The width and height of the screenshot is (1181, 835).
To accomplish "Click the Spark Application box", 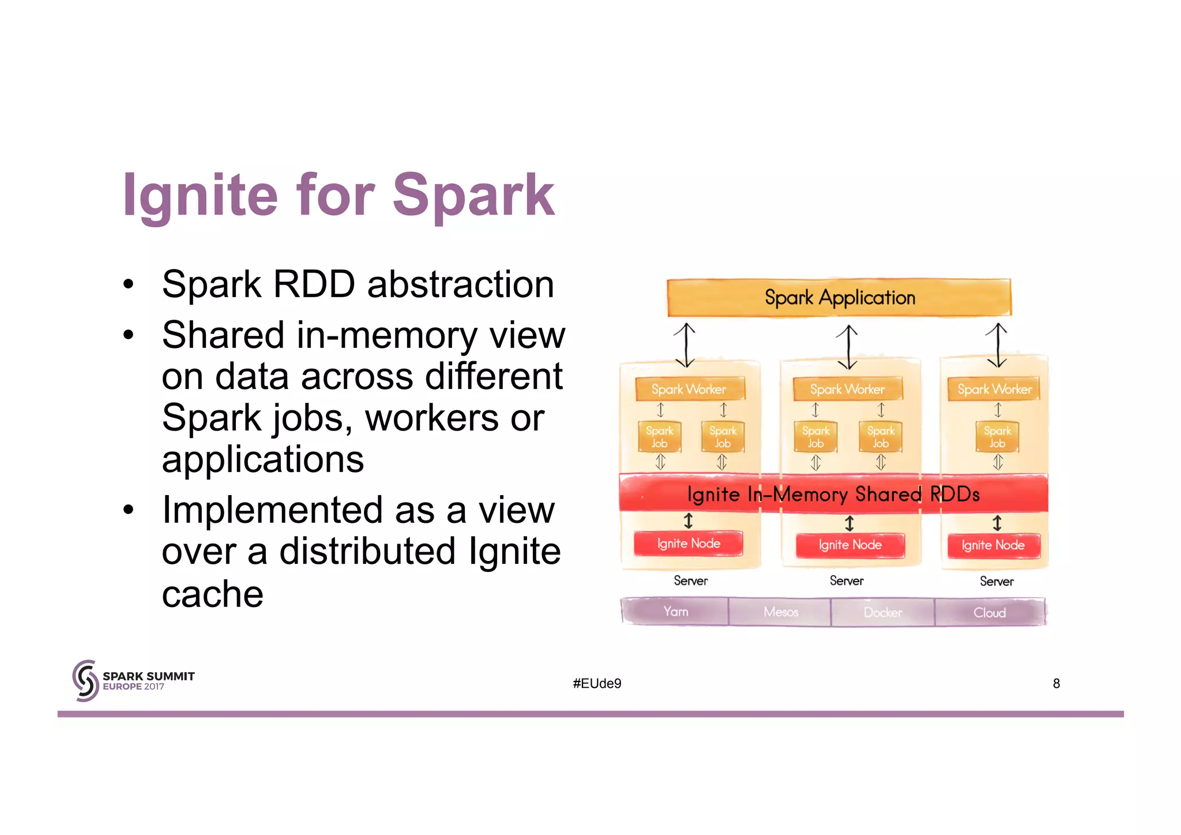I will [x=839, y=298].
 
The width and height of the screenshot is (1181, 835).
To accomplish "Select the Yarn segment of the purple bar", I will [x=675, y=612].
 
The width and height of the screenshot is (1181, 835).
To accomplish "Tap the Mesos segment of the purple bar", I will [x=780, y=612].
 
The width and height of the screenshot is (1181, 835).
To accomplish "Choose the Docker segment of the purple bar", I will [x=883, y=612].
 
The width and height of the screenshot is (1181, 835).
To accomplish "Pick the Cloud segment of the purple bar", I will [x=990, y=612].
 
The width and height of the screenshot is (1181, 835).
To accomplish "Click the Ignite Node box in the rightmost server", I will [x=993, y=545].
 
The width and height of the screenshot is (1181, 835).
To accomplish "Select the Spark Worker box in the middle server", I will [x=847, y=390].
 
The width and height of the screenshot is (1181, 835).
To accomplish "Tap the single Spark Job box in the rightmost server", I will [x=997, y=437].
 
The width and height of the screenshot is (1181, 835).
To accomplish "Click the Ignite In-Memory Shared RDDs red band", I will [x=833, y=494].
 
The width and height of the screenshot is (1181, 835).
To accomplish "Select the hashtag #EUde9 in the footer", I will [x=597, y=684].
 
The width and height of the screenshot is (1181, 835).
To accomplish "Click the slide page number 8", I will [x=1056, y=684].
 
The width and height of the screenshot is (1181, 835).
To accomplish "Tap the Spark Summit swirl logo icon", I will [x=85, y=681].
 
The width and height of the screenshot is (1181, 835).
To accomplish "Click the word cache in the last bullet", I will [x=212, y=594].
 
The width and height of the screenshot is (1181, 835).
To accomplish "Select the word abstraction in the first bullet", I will [x=460, y=284].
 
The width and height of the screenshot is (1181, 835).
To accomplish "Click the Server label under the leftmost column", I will [x=690, y=581].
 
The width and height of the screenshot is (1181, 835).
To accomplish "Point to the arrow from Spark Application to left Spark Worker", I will [x=685, y=346].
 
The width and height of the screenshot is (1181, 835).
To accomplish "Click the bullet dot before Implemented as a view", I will [x=128, y=510].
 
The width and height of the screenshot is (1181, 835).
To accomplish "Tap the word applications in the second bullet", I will [x=263, y=459].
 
